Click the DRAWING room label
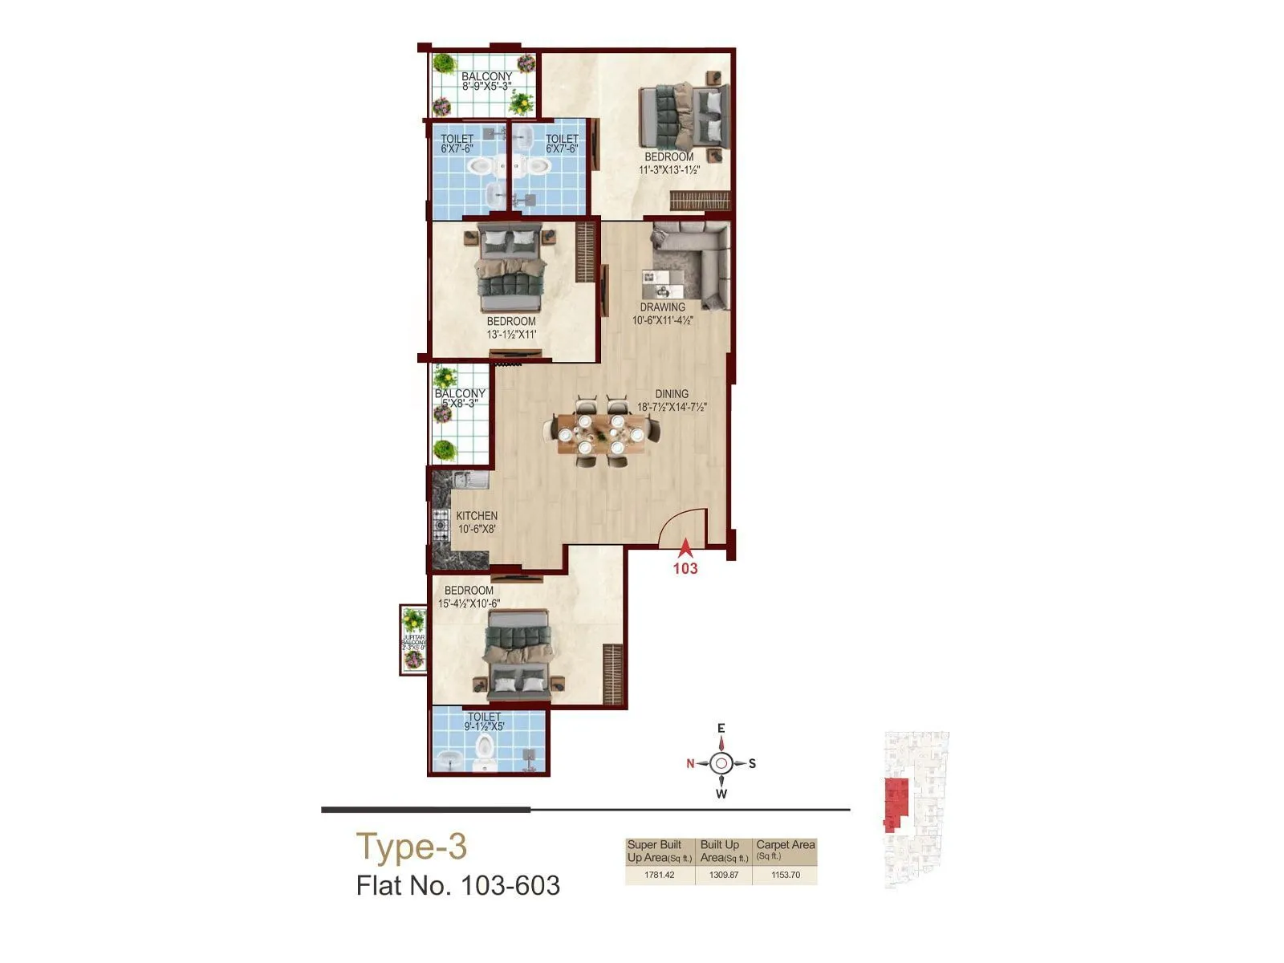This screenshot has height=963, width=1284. point(662,307)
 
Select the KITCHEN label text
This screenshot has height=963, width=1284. point(477,516)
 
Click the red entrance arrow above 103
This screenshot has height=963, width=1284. point(685,549)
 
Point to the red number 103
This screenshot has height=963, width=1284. point(685,568)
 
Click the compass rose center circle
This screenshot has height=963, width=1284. point(721,763)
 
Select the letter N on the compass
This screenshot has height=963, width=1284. point(690,763)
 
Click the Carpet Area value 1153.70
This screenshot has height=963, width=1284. point(785,875)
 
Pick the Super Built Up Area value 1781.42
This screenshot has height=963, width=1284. point(660,875)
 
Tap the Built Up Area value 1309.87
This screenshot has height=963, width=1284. point(723,875)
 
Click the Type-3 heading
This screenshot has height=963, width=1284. point(411,847)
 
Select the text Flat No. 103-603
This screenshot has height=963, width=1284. point(457,886)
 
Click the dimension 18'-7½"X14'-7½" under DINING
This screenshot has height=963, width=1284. point(672,407)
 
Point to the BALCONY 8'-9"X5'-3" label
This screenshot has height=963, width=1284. point(486,81)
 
